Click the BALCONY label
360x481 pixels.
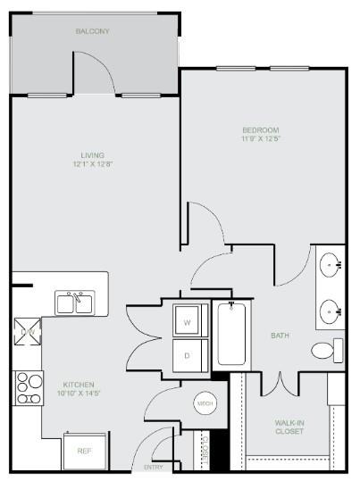pyautogui.click(x=92, y=31)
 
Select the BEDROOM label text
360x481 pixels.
pyautogui.click(x=260, y=129)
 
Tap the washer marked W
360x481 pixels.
pyautogui.click(x=188, y=322)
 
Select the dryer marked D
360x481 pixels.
pyautogui.click(x=188, y=354)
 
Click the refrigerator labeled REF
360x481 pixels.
pyautogui.click(x=84, y=451)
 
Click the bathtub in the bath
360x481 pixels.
pyautogui.click(x=232, y=335)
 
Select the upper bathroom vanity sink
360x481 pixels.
pyautogui.click(x=332, y=264)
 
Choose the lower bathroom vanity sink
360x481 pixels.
pyautogui.click(x=332, y=312)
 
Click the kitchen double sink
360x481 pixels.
pyautogui.click(x=76, y=303)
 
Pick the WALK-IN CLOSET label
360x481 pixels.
pyautogui.click(x=289, y=427)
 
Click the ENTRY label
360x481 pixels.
pyautogui.click(x=153, y=468)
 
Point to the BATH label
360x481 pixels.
pyautogui.click(x=280, y=336)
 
